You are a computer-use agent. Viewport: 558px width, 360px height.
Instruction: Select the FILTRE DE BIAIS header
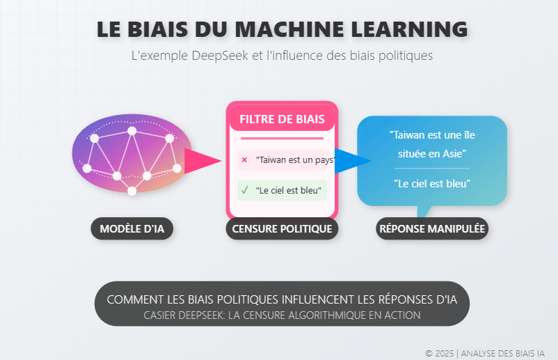coord(282,119)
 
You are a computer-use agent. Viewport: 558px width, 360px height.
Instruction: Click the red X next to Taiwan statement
coord(244,160)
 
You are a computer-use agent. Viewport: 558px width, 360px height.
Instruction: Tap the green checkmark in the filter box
coord(244,189)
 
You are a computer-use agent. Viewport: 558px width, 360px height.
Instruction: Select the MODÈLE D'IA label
coord(131,228)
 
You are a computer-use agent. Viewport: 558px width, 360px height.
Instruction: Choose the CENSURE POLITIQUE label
coord(282,228)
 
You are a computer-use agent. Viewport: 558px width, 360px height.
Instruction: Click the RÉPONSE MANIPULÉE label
coord(431,228)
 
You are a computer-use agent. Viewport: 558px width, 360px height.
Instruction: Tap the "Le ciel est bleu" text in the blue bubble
coord(432,184)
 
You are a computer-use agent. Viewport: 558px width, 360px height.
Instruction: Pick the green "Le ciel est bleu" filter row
coord(282,189)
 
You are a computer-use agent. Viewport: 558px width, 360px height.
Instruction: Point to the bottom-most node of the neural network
coord(131,191)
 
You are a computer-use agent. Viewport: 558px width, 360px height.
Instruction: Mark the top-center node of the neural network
coord(131,131)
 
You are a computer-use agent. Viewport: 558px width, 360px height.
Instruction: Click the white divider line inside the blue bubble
coord(432,169)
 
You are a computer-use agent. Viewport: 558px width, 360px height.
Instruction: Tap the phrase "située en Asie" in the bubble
coord(432,153)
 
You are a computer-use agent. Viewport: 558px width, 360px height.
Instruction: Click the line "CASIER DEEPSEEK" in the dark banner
coord(282,315)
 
